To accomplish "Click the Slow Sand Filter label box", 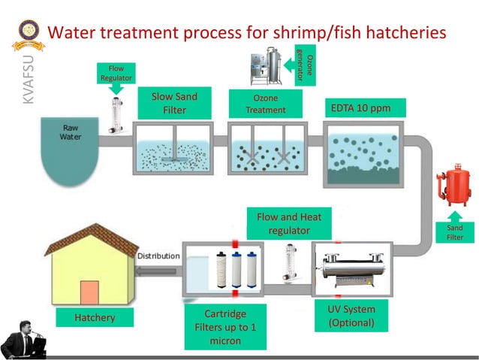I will pos(174,103).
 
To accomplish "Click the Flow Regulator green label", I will pos(116,73).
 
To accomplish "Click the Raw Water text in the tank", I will pos(70,133).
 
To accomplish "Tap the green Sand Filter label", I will pos(455,233).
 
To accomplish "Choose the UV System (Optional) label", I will pos(351,316).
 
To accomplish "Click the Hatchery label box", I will pos(95,318).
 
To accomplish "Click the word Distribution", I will pos(158,256).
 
